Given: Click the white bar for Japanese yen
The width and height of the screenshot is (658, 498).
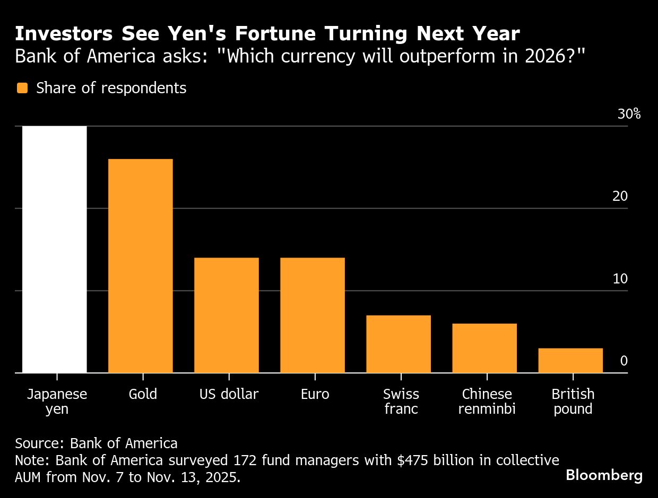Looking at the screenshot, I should (x=55, y=249).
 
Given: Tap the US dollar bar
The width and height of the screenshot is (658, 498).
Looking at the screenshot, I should (x=227, y=315).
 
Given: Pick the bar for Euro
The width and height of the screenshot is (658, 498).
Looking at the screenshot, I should (x=313, y=315).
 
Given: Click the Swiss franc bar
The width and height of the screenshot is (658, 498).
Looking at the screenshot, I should (x=399, y=344).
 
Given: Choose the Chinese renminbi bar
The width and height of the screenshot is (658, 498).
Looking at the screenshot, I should (x=484, y=348).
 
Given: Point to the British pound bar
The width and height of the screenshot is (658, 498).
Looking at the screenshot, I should (x=570, y=360).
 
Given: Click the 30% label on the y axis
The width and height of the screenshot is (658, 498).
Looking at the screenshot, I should (x=629, y=114).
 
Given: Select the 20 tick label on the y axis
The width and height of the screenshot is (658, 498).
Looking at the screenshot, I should (x=620, y=197).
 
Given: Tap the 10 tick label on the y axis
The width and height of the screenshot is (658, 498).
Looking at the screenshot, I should (x=620, y=279).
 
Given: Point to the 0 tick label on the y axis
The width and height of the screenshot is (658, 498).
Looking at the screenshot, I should (x=624, y=361).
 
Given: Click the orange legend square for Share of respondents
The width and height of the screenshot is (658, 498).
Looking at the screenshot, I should (x=22, y=88).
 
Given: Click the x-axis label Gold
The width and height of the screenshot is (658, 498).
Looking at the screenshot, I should (x=143, y=395).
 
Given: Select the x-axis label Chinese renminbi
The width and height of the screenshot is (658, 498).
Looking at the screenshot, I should (x=487, y=402).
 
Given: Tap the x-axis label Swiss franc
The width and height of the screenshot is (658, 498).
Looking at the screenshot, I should (x=401, y=402).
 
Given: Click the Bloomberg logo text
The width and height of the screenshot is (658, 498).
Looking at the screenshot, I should (x=604, y=475).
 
